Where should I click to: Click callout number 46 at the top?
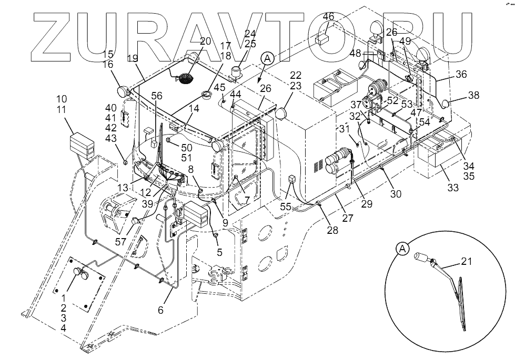pos(328,17)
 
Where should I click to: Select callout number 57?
pos(120,242)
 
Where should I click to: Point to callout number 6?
pos(160,310)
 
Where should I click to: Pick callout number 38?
pos(474,96)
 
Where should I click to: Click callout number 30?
pos(396,194)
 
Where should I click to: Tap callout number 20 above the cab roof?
pos(205,42)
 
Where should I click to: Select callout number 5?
pos(219,252)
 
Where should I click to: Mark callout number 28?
pos(332,230)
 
